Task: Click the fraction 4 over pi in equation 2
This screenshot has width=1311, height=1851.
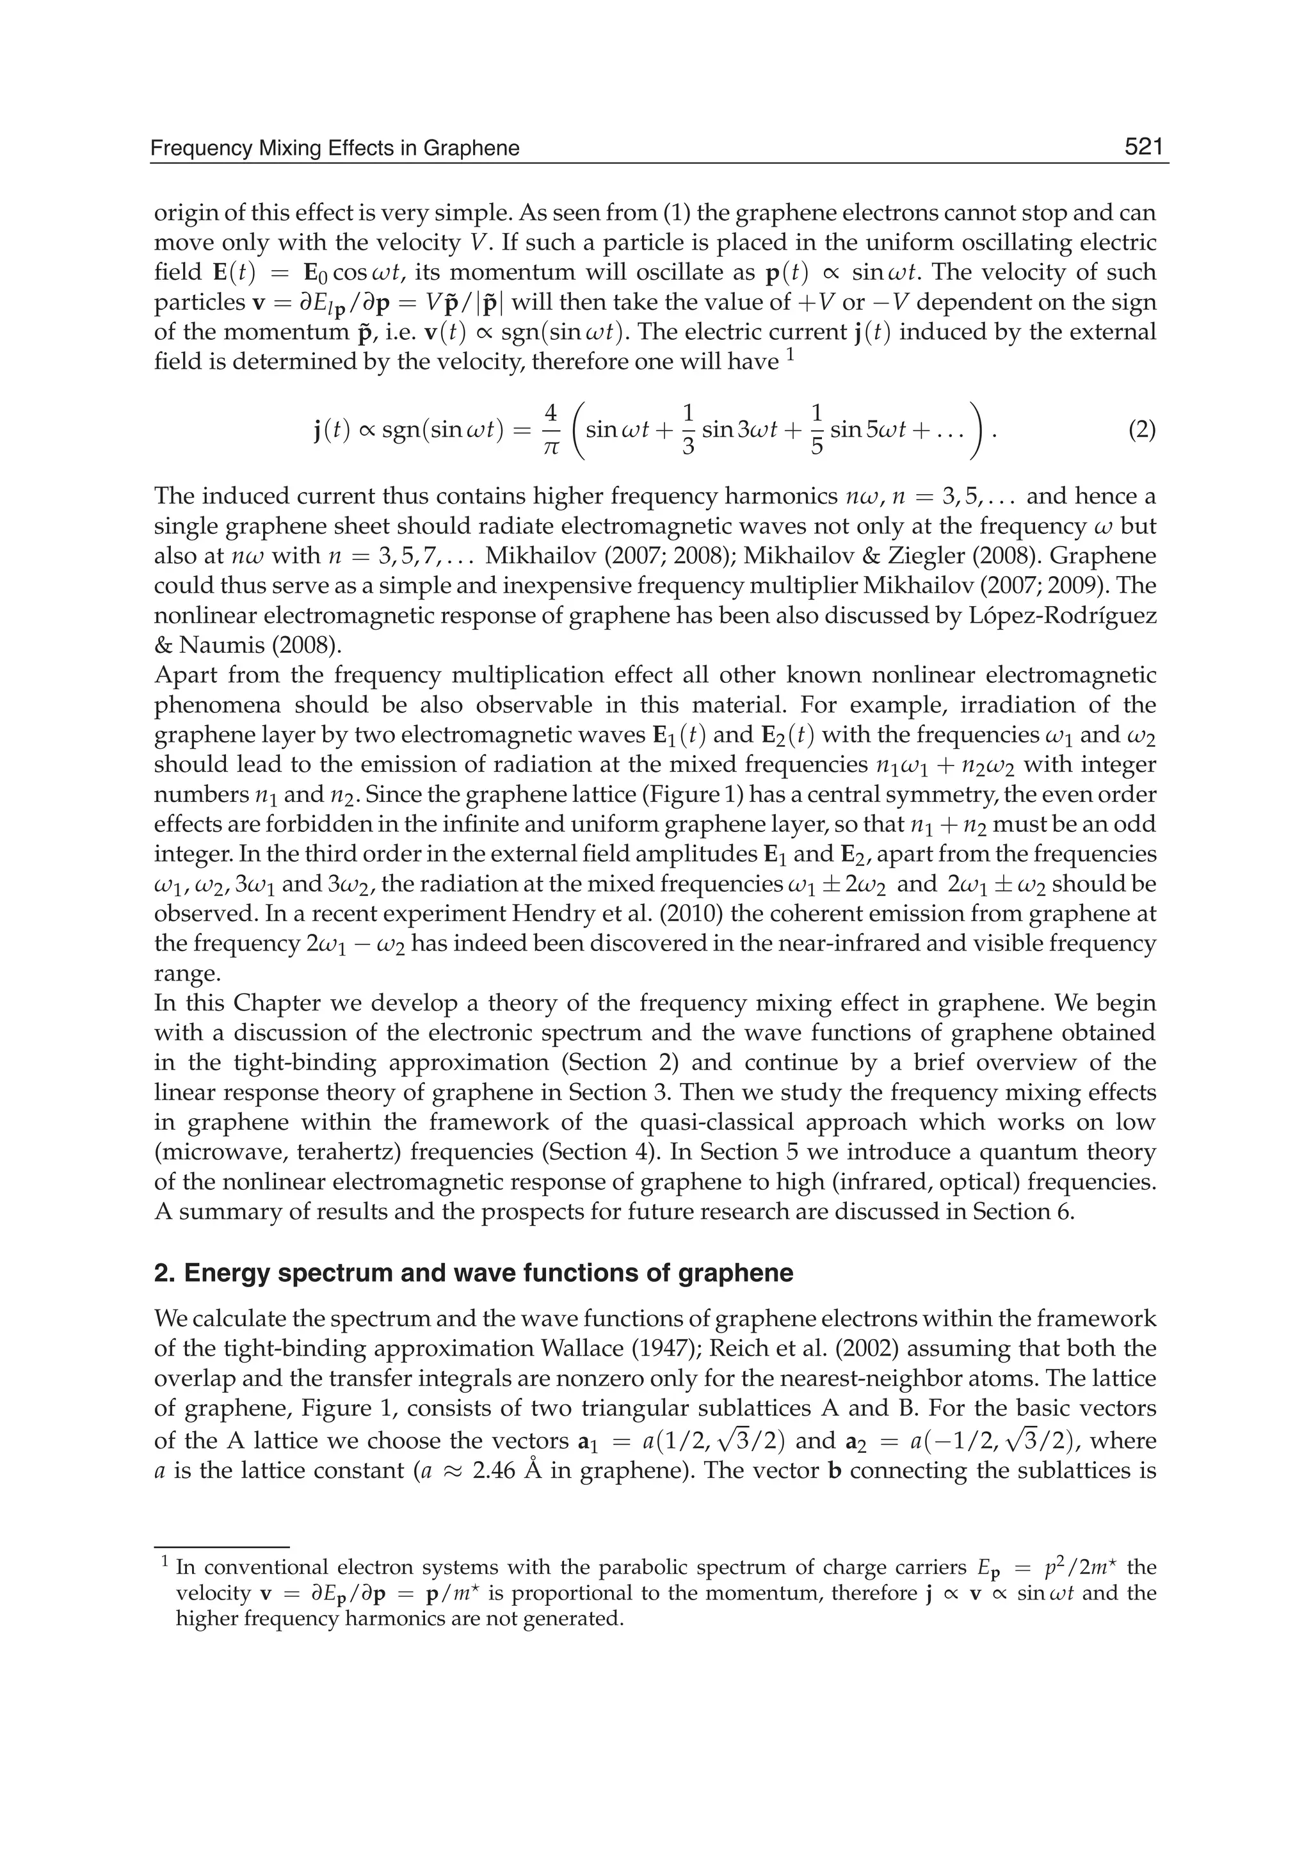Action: pyautogui.click(x=551, y=430)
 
